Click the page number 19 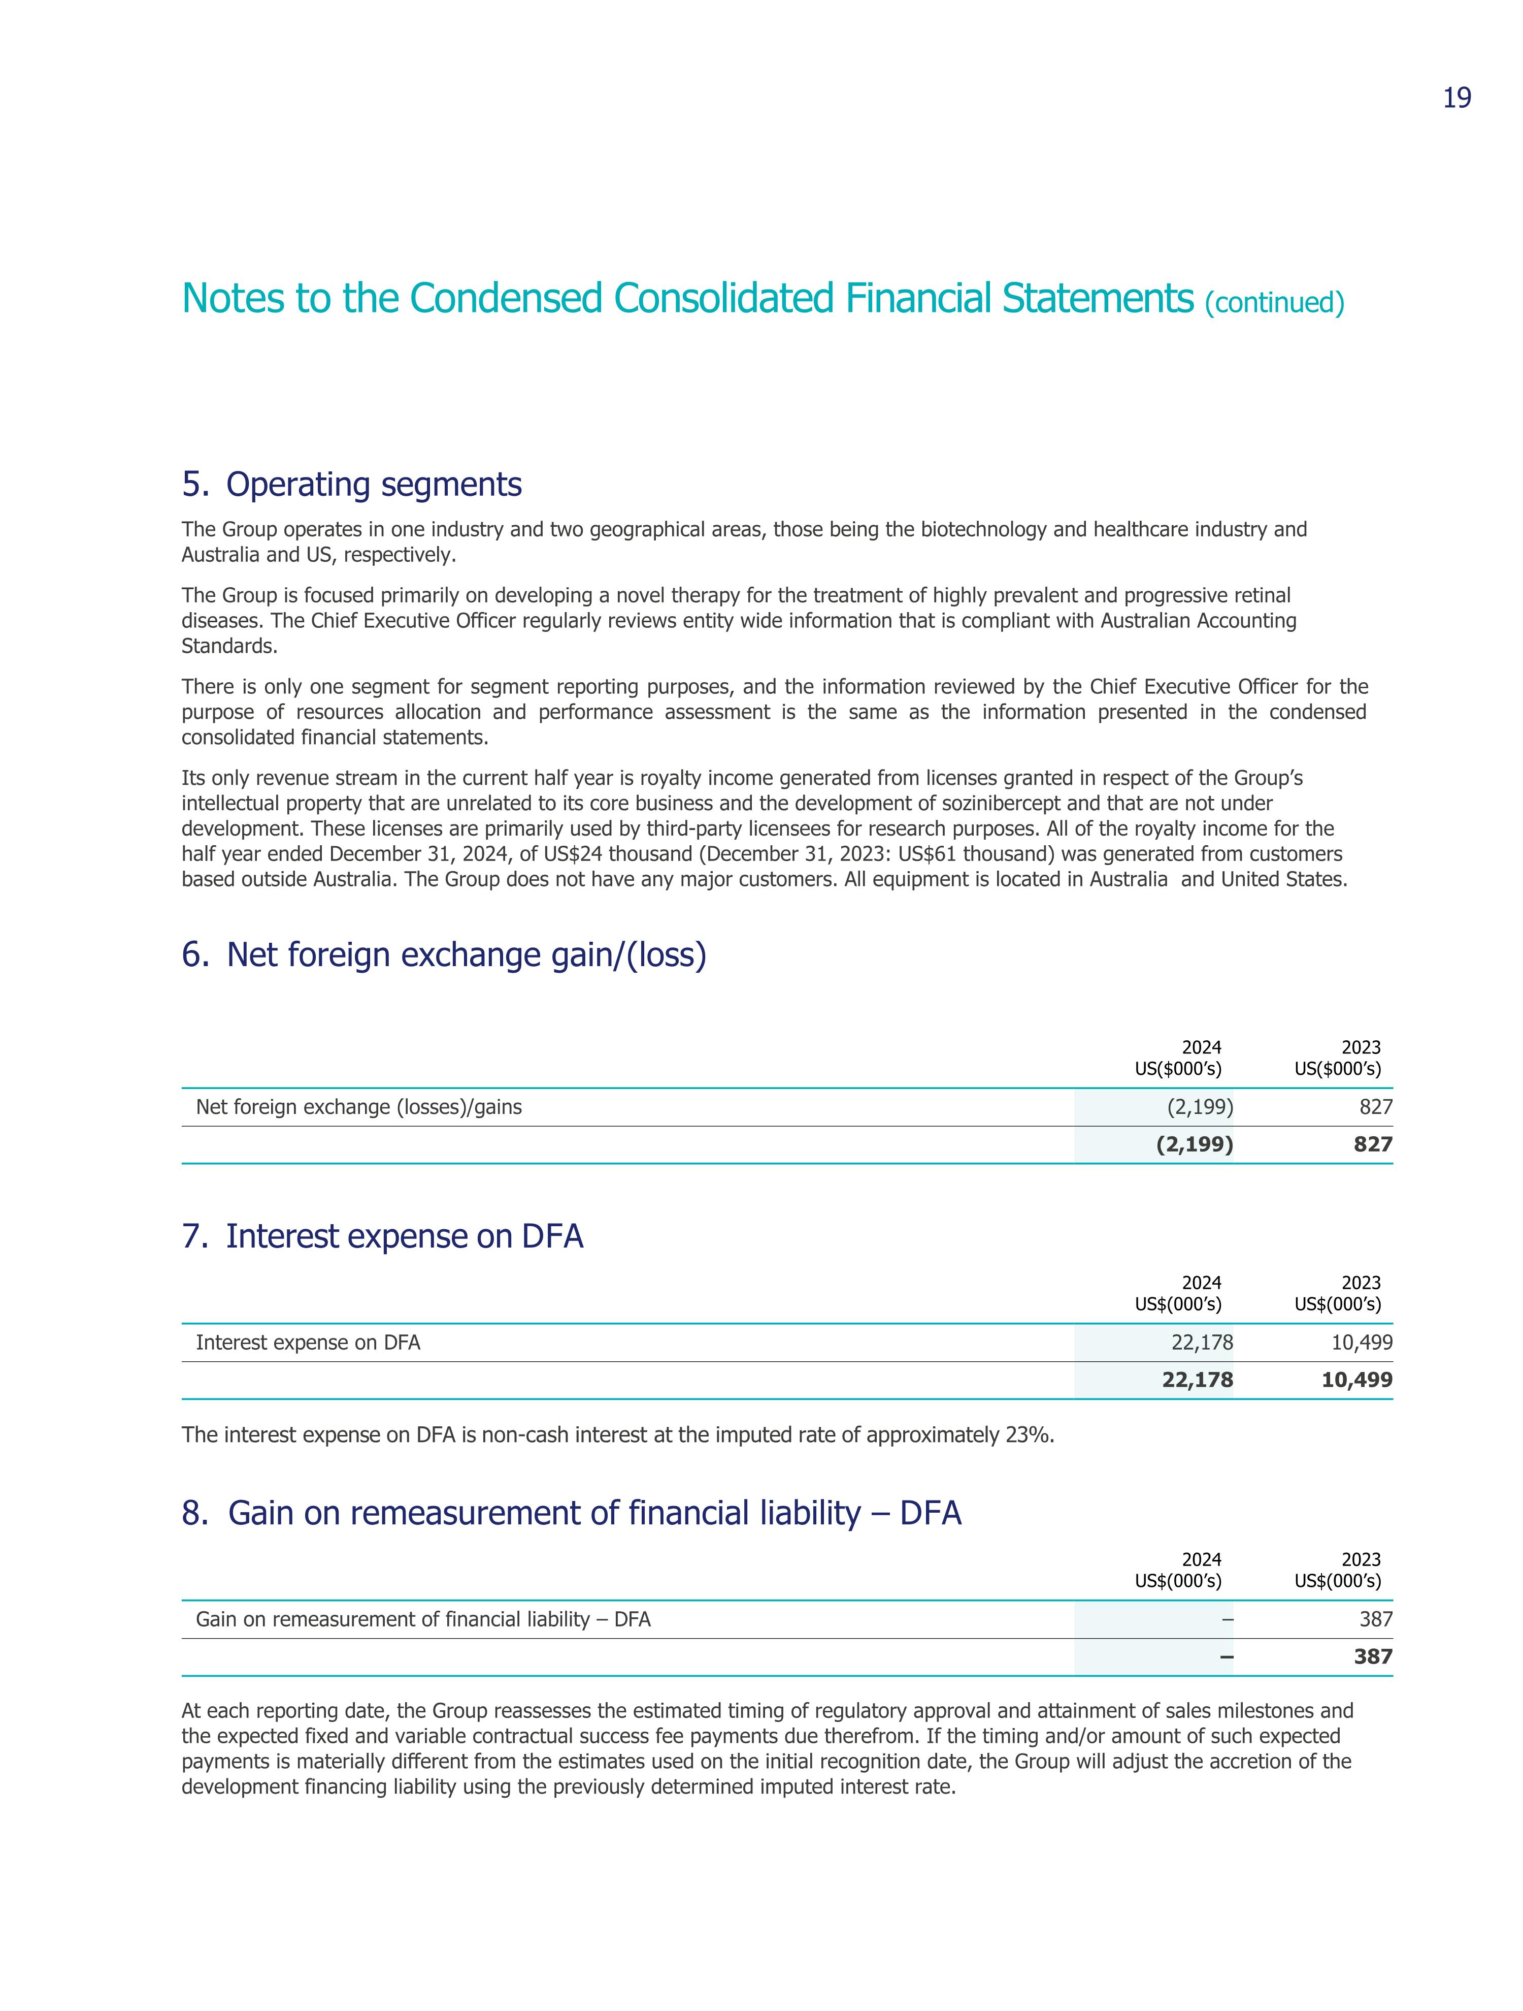pyautogui.click(x=1456, y=98)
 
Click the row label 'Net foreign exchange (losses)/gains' pyautogui.click(x=359, y=1107)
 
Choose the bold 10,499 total pyautogui.click(x=1356, y=1380)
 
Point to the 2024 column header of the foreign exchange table pyautogui.click(x=1179, y=1058)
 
